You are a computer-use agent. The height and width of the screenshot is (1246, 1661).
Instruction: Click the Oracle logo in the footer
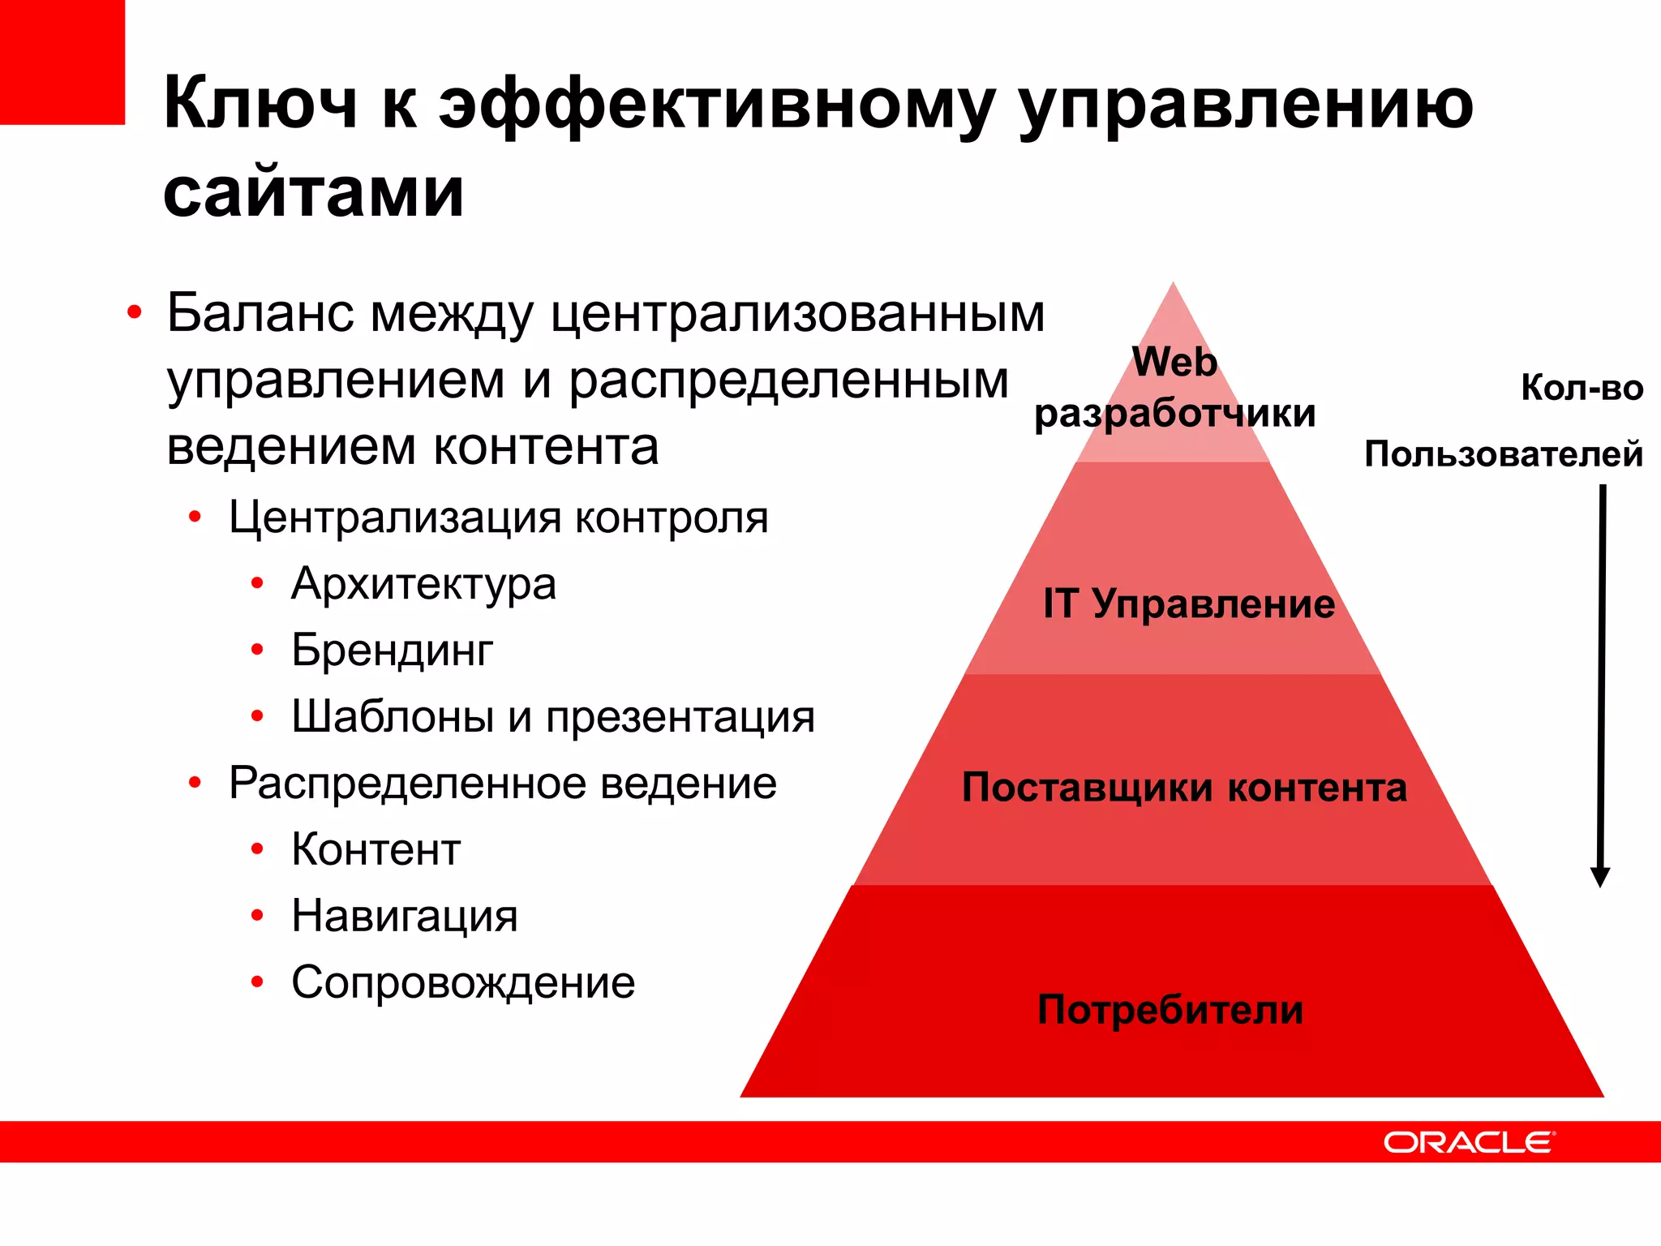1468,1142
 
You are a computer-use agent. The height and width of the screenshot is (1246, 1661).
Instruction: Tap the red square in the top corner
62,62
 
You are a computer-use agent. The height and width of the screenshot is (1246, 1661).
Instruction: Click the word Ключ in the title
260,103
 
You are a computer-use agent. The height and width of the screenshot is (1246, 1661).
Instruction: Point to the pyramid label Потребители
1170,1010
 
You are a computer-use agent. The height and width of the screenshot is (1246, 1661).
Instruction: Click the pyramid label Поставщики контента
1184,788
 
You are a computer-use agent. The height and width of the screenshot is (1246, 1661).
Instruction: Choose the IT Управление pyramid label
1189,604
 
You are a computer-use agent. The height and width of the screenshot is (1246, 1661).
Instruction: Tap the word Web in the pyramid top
1174,362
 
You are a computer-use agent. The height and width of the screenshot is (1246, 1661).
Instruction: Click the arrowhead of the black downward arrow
1599,877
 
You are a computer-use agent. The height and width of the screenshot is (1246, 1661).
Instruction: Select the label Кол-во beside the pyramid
1582,388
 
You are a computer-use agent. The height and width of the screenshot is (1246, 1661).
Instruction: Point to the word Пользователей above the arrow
1503,453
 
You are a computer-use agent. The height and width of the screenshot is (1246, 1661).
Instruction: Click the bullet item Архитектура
423,584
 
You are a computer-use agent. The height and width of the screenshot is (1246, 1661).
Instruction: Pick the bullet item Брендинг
392,651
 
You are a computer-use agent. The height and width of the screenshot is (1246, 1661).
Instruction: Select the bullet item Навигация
404,917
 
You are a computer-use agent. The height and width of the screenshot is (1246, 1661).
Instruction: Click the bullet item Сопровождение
463,983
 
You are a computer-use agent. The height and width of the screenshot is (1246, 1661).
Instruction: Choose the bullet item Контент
376,850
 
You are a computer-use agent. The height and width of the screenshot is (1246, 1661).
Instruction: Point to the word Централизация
395,518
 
